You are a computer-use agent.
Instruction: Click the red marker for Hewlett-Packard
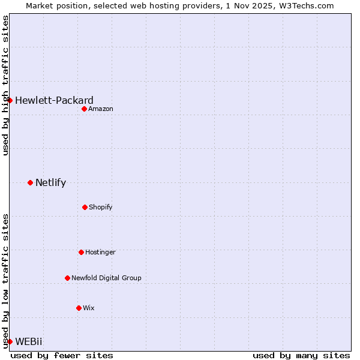[x=10, y=100]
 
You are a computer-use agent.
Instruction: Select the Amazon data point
[x=84, y=109]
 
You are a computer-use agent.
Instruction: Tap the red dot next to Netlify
[x=30, y=182]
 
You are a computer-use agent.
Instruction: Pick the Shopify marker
[x=85, y=207]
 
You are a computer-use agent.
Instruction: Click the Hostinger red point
[x=81, y=252]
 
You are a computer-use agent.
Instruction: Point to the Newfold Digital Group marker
[x=67, y=278]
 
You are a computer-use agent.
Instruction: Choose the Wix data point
[x=79, y=308]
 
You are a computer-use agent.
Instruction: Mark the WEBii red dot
[x=10, y=341]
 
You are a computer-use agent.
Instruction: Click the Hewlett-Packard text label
[x=54, y=100]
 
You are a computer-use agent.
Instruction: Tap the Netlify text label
[x=50, y=182]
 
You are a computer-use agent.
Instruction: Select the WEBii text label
[x=29, y=341]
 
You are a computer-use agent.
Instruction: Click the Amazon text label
[x=101, y=109]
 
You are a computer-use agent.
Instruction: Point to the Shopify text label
[x=101, y=207]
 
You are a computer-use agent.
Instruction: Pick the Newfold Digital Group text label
[x=106, y=278]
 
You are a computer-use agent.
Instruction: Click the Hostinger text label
[x=100, y=252]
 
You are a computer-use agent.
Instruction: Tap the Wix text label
[x=89, y=308]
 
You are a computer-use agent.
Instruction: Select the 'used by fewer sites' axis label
[x=62, y=355]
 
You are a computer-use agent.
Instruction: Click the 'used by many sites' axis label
[x=301, y=355]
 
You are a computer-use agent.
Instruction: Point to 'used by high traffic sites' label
[x=5, y=85]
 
